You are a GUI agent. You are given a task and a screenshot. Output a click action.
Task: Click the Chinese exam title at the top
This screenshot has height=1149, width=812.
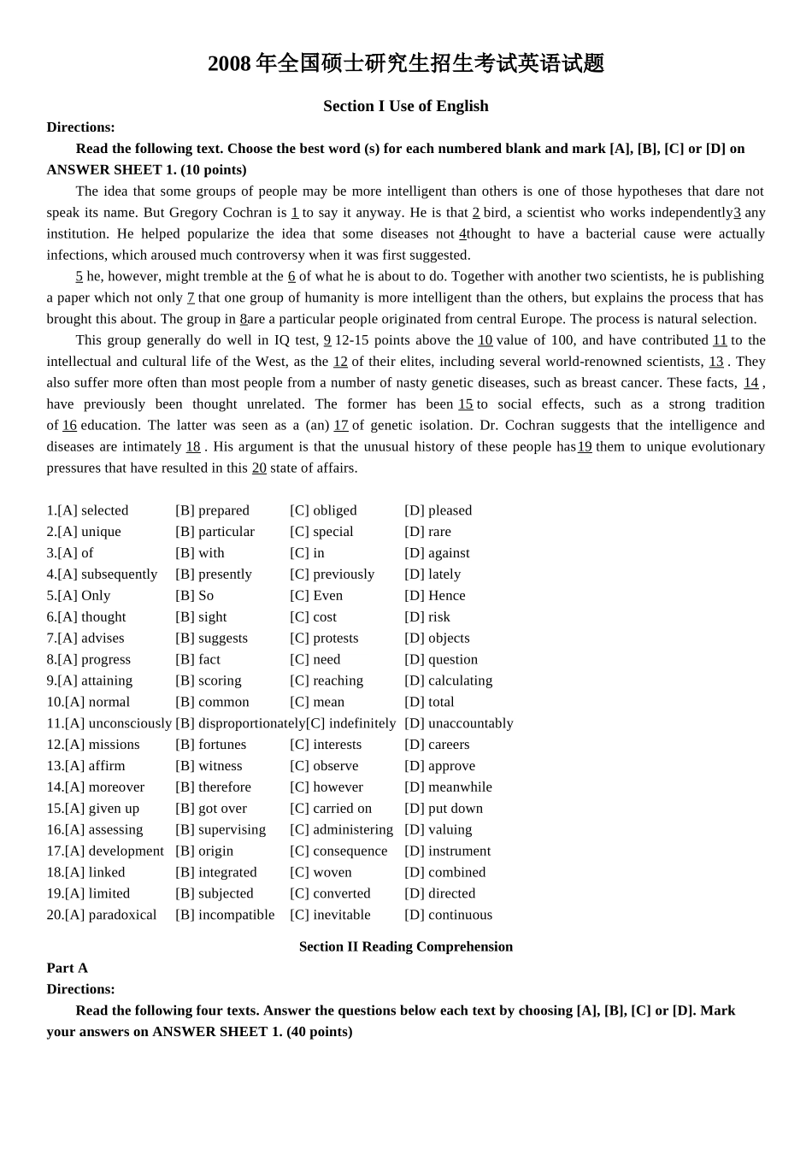coord(406,64)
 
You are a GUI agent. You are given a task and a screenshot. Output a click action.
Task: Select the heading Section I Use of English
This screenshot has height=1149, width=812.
coord(406,106)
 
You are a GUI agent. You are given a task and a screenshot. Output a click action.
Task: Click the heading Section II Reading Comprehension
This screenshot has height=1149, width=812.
coord(406,946)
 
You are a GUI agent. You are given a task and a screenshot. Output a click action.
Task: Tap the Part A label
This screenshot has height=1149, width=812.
coord(68,968)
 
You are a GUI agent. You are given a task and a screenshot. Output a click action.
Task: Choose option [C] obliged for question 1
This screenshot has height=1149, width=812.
coord(323,510)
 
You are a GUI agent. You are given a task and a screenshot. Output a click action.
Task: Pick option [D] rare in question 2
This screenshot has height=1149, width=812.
coord(427,532)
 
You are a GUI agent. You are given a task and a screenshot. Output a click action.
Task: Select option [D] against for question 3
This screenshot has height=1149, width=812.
coord(437,553)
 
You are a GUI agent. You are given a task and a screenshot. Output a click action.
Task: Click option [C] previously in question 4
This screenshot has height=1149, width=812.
coord(332,574)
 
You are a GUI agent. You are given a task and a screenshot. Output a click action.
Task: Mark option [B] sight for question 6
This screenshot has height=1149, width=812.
coord(201,617)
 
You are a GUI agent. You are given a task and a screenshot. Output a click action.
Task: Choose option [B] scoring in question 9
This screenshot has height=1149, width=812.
coord(209,681)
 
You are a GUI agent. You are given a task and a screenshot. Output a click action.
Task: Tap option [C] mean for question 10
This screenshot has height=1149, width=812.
coord(317,702)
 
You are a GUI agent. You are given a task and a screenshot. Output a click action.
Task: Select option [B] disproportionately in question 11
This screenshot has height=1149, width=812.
coord(240,723)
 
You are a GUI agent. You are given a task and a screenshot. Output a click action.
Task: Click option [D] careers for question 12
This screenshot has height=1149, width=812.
coord(437,745)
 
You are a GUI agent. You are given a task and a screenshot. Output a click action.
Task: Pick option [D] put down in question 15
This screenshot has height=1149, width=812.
coord(444,808)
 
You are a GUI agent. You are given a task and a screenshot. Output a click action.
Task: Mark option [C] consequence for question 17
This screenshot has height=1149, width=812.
coord(338,851)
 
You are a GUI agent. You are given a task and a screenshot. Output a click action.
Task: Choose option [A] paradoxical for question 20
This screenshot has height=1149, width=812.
coord(102,915)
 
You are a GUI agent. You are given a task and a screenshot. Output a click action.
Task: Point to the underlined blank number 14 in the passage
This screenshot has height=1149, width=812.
coord(750,383)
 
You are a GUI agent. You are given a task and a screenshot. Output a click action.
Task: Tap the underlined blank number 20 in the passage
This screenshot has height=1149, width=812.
coord(259,468)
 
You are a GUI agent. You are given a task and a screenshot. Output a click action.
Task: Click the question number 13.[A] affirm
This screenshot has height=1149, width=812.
coord(85,766)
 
